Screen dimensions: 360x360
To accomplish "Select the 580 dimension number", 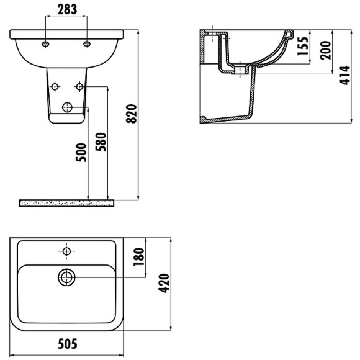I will (103, 142).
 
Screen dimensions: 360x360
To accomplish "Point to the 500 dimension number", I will (81, 151).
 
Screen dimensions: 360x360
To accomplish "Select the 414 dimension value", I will (348, 76).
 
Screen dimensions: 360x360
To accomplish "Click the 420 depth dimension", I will (165, 284).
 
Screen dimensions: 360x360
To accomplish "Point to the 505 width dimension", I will (66, 343).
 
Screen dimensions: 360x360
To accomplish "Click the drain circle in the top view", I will (66, 277).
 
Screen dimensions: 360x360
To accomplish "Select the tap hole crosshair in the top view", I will (66, 251).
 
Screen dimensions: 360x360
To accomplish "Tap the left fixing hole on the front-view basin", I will (47, 43).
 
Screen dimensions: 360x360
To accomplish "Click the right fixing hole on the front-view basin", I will (87, 43).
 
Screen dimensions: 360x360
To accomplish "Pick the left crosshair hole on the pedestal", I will (55, 85).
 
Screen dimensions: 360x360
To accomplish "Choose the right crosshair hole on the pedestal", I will (79, 85).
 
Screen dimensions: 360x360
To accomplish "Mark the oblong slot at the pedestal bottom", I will (67, 109).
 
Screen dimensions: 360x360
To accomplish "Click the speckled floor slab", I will (67, 202).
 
